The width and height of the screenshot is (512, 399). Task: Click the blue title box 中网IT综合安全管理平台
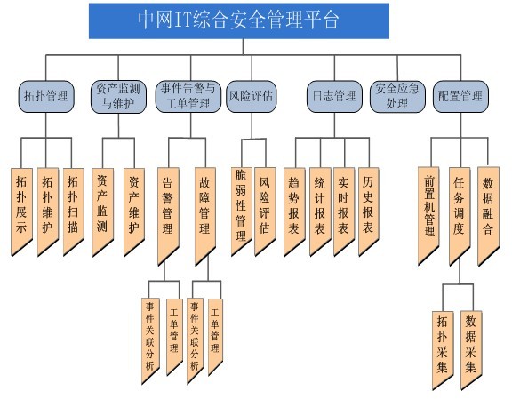(239, 21)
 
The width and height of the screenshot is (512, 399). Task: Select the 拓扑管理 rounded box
(46, 96)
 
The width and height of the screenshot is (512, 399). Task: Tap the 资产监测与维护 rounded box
(118, 97)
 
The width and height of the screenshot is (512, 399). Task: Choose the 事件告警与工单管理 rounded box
(188, 96)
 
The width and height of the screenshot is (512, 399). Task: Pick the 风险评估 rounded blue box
(252, 96)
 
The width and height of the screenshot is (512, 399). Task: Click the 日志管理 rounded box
(334, 96)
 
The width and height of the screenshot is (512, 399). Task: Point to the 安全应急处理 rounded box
(397, 96)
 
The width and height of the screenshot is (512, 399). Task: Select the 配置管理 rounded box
(460, 96)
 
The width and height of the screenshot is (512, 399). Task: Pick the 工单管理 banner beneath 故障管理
(215, 335)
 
